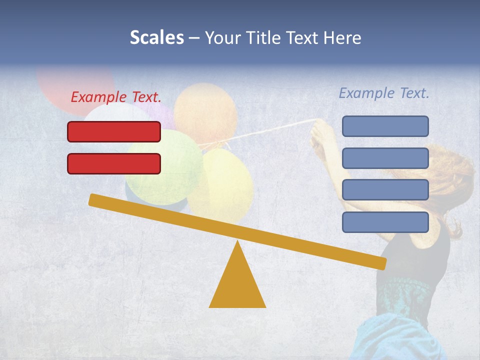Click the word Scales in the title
click(x=156, y=37)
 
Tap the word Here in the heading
click(x=342, y=38)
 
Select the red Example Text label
click(x=116, y=97)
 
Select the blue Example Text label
click(x=384, y=93)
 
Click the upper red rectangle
click(x=114, y=131)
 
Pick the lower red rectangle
click(x=114, y=163)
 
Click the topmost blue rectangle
click(x=385, y=126)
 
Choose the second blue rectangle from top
click(x=385, y=158)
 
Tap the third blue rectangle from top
click(x=385, y=190)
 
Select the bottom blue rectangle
click(x=385, y=222)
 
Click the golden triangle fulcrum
click(x=237, y=285)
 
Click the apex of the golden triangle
click(x=237, y=242)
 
